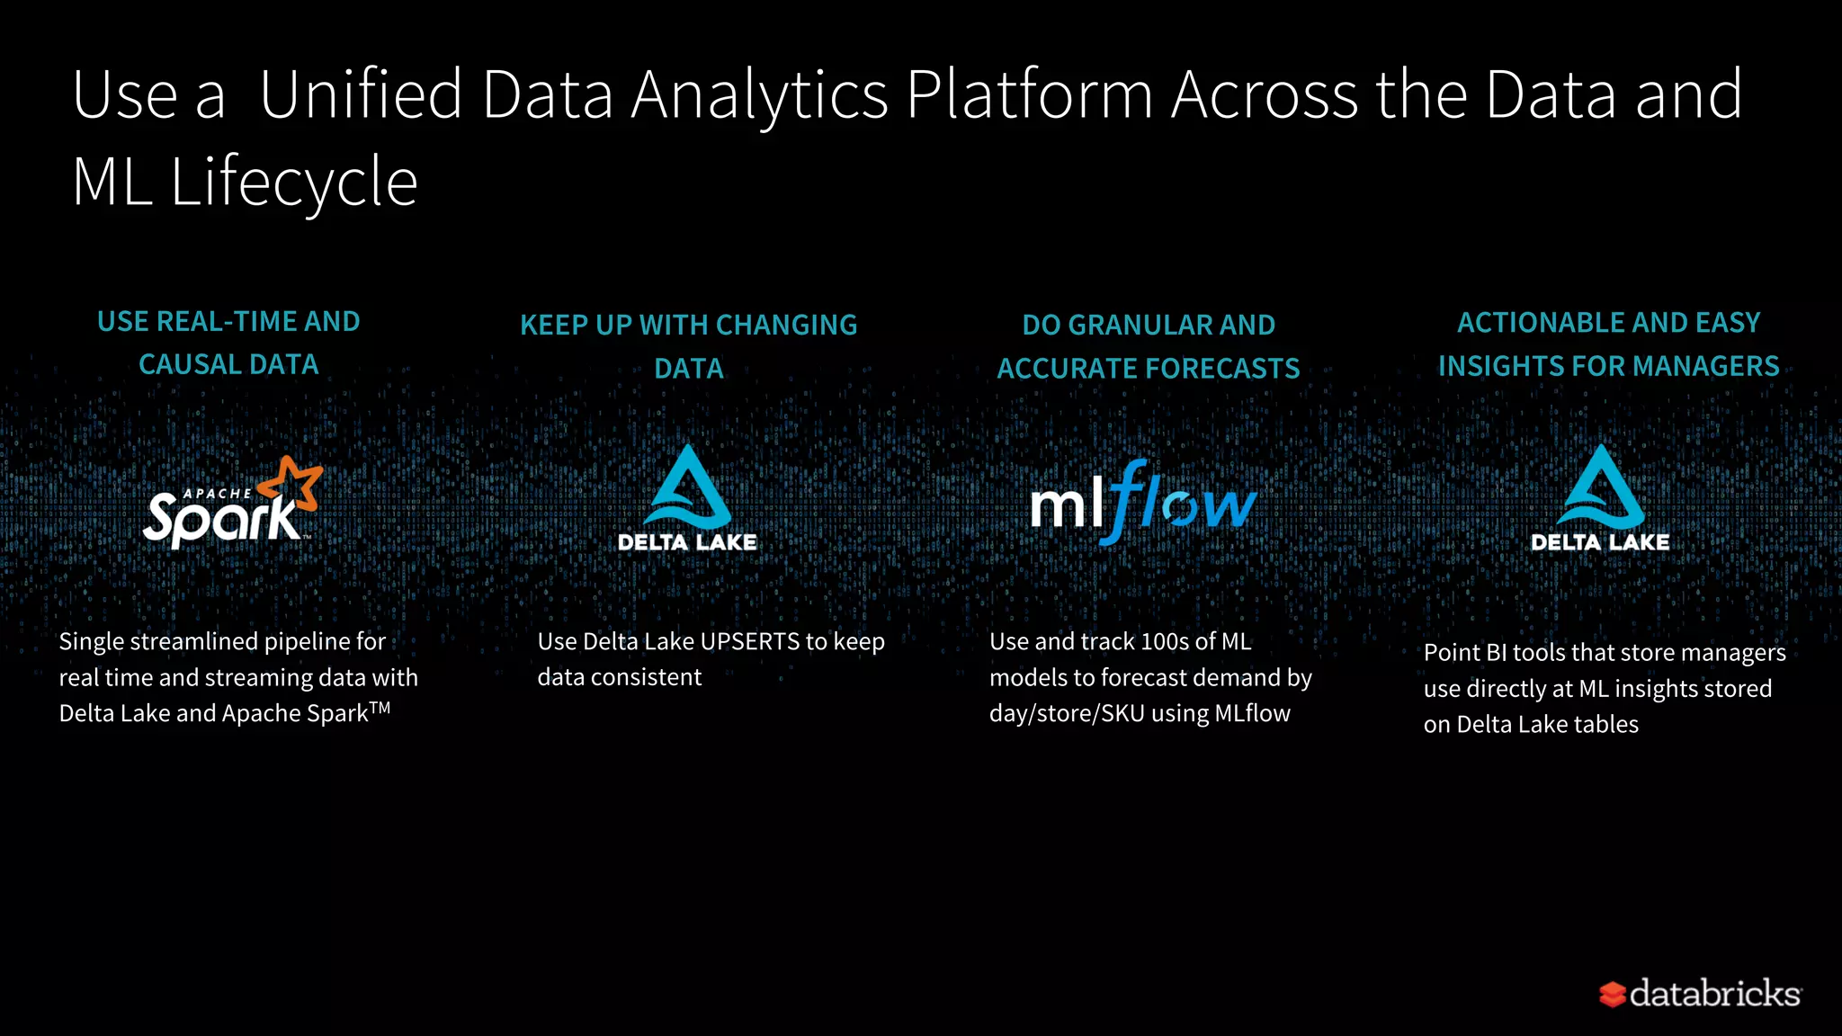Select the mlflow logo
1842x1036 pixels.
coord(1142,503)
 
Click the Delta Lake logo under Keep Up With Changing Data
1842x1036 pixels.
coord(688,499)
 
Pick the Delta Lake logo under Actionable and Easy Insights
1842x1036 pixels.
coord(1600,499)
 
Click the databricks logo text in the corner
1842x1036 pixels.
coord(1714,994)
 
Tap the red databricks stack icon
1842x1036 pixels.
coord(1612,995)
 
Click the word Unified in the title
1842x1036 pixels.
coord(361,94)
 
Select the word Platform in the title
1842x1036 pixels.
coord(1029,94)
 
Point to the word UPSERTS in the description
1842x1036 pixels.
coord(749,641)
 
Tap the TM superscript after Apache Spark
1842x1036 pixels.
coord(380,708)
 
